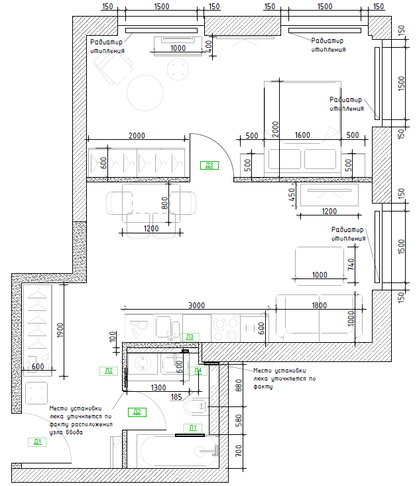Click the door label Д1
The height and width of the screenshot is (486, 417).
click(x=37, y=441)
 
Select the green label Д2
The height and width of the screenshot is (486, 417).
click(x=137, y=412)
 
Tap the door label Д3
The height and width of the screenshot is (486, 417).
click(x=209, y=165)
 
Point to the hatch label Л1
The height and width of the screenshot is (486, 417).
click(x=194, y=427)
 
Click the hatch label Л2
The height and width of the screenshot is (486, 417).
click(x=109, y=371)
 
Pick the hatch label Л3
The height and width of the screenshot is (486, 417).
click(x=190, y=337)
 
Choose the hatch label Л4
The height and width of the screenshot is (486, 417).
click(x=197, y=371)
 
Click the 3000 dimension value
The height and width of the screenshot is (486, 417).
click(x=196, y=305)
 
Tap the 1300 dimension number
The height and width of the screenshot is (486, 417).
click(x=158, y=387)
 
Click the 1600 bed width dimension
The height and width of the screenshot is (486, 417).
click(x=302, y=135)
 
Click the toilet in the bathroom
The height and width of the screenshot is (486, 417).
click(x=195, y=406)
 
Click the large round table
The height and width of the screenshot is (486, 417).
click(x=145, y=93)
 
